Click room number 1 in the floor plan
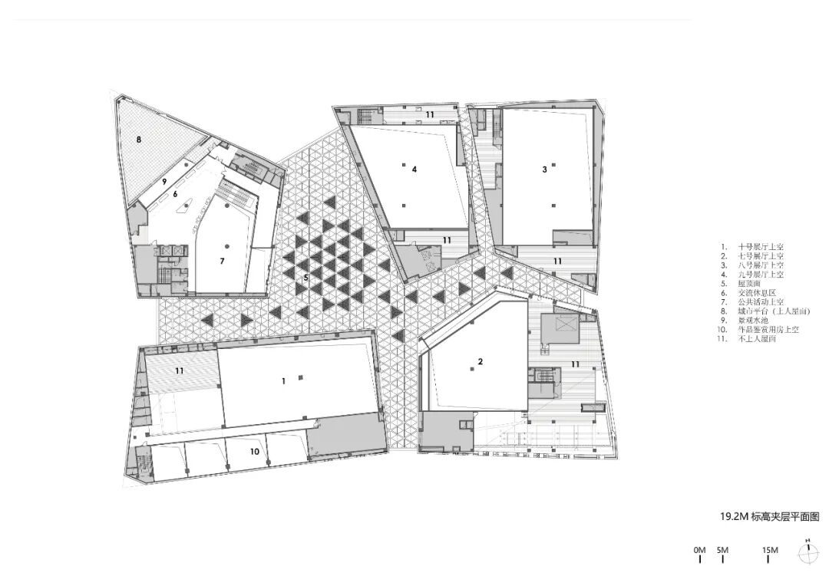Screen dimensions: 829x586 (x=283, y=380)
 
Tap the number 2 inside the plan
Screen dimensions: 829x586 (x=481, y=361)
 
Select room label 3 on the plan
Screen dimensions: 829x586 (x=544, y=170)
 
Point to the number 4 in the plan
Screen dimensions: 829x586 (x=414, y=170)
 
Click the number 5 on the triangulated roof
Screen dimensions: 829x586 (x=306, y=277)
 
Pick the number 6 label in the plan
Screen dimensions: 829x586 (x=175, y=194)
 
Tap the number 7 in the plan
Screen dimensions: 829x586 (x=221, y=261)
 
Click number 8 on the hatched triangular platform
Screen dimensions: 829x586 (x=139, y=140)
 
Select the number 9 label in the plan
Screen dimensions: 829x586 (x=163, y=181)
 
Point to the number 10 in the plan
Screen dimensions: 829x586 (x=254, y=452)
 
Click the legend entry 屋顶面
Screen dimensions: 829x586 (x=748, y=283)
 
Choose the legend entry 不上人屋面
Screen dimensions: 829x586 (x=756, y=338)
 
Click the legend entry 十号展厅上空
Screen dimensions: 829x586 (x=759, y=246)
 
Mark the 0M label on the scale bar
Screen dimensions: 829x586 (x=699, y=550)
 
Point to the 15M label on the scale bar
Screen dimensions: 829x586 (x=770, y=550)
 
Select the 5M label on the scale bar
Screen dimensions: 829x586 (x=722, y=550)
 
